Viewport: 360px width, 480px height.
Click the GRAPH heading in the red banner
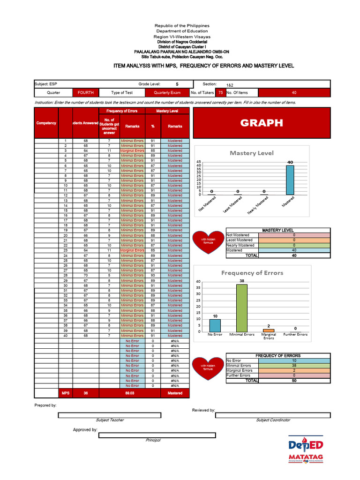pos(262,123)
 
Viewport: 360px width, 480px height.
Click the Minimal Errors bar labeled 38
pos(241,308)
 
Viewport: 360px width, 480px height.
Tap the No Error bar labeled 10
pos(215,325)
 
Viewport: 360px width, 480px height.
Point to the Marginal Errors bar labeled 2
pos(269,330)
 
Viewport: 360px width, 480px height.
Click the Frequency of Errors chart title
pos(252,273)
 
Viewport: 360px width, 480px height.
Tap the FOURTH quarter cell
pos(85,93)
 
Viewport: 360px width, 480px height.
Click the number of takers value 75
pos(220,93)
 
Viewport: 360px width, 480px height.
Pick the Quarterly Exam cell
pos(167,93)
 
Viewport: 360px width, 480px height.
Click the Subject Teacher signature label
pos(110,420)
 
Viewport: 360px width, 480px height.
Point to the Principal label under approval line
pos(153,440)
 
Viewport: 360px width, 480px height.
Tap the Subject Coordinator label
pos(273,420)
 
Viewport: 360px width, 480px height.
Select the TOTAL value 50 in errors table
pos(294,381)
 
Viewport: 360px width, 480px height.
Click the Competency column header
pos(46,123)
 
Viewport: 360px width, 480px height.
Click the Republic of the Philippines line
pos(182,26)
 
